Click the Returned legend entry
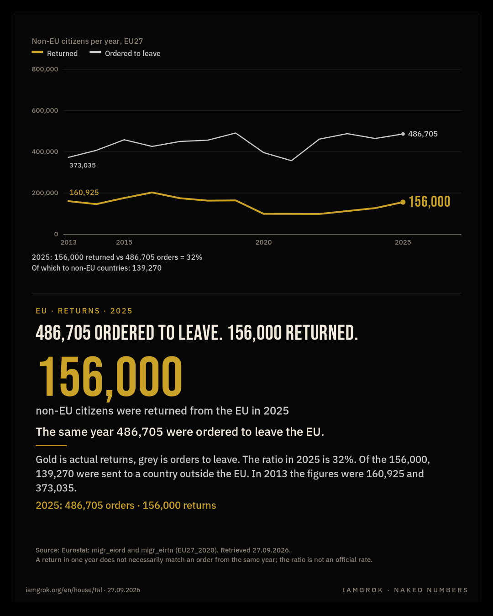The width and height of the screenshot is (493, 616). point(55,53)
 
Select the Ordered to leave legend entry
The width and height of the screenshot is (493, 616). point(125,53)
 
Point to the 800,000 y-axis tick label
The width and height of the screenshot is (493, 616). point(45,69)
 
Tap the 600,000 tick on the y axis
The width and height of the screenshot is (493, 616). point(45,110)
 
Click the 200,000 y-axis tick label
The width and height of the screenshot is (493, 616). point(45,193)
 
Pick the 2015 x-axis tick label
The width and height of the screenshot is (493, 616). point(124,242)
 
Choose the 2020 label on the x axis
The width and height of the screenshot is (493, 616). point(263,242)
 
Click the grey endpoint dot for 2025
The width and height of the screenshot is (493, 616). point(403,134)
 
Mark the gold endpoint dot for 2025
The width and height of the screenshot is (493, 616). point(403,202)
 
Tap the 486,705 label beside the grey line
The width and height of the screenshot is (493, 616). point(423,134)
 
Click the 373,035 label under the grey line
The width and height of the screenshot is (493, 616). point(83,166)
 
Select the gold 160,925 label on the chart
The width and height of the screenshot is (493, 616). point(84,193)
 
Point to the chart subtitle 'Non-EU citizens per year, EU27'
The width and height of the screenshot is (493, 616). point(87,41)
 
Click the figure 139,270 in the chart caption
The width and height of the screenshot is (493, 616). point(147,268)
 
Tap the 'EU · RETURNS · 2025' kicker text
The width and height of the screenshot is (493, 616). point(84,311)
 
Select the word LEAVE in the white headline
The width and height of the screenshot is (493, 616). point(200,333)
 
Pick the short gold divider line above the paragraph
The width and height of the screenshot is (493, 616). point(51,446)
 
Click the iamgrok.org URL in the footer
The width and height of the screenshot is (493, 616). point(63,590)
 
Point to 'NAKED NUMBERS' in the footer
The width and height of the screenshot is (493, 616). point(431,590)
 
